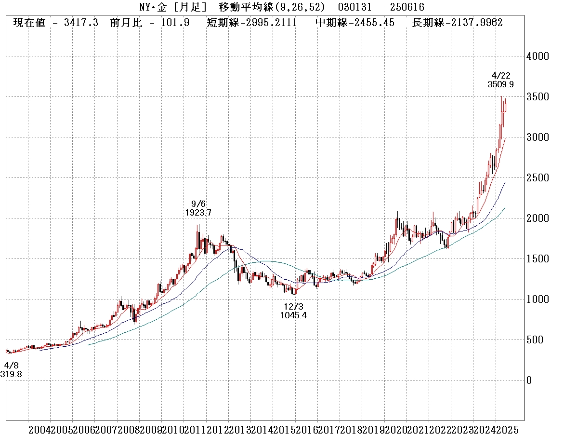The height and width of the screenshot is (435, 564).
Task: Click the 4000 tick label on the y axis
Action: point(538,56)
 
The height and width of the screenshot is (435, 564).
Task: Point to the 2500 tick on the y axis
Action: point(538,178)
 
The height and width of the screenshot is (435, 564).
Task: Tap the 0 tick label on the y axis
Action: point(529,381)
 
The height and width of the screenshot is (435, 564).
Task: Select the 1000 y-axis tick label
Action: point(538,299)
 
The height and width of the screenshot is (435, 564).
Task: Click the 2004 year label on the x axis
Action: point(39,430)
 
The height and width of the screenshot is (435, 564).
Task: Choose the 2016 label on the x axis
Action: point(306,430)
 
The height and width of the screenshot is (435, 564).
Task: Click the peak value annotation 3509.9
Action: point(500,84)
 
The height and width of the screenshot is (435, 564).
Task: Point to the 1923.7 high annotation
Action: point(198,212)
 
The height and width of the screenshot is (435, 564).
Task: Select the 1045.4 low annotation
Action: point(293,315)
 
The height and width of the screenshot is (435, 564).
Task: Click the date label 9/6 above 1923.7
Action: point(198,204)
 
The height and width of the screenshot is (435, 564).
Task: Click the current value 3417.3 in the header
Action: point(81,23)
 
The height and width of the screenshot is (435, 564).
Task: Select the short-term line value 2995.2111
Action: point(272,23)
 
